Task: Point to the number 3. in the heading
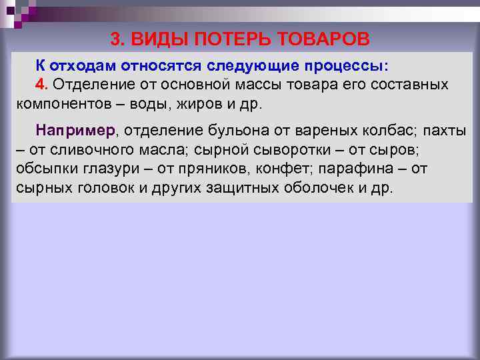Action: coord(118,39)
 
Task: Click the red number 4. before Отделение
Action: coord(43,85)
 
